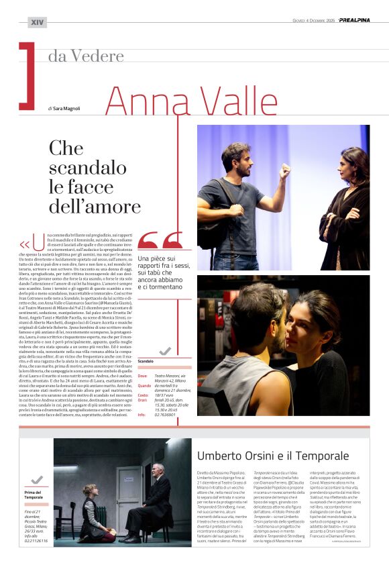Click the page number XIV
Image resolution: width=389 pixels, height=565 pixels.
point(38,22)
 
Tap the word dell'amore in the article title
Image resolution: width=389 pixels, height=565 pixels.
point(94,206)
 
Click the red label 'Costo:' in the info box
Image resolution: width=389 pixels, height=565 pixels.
point(143,395)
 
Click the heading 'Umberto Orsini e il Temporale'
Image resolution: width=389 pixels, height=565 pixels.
point(273,456)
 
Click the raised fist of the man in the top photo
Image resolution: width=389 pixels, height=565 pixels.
point(285,170)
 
